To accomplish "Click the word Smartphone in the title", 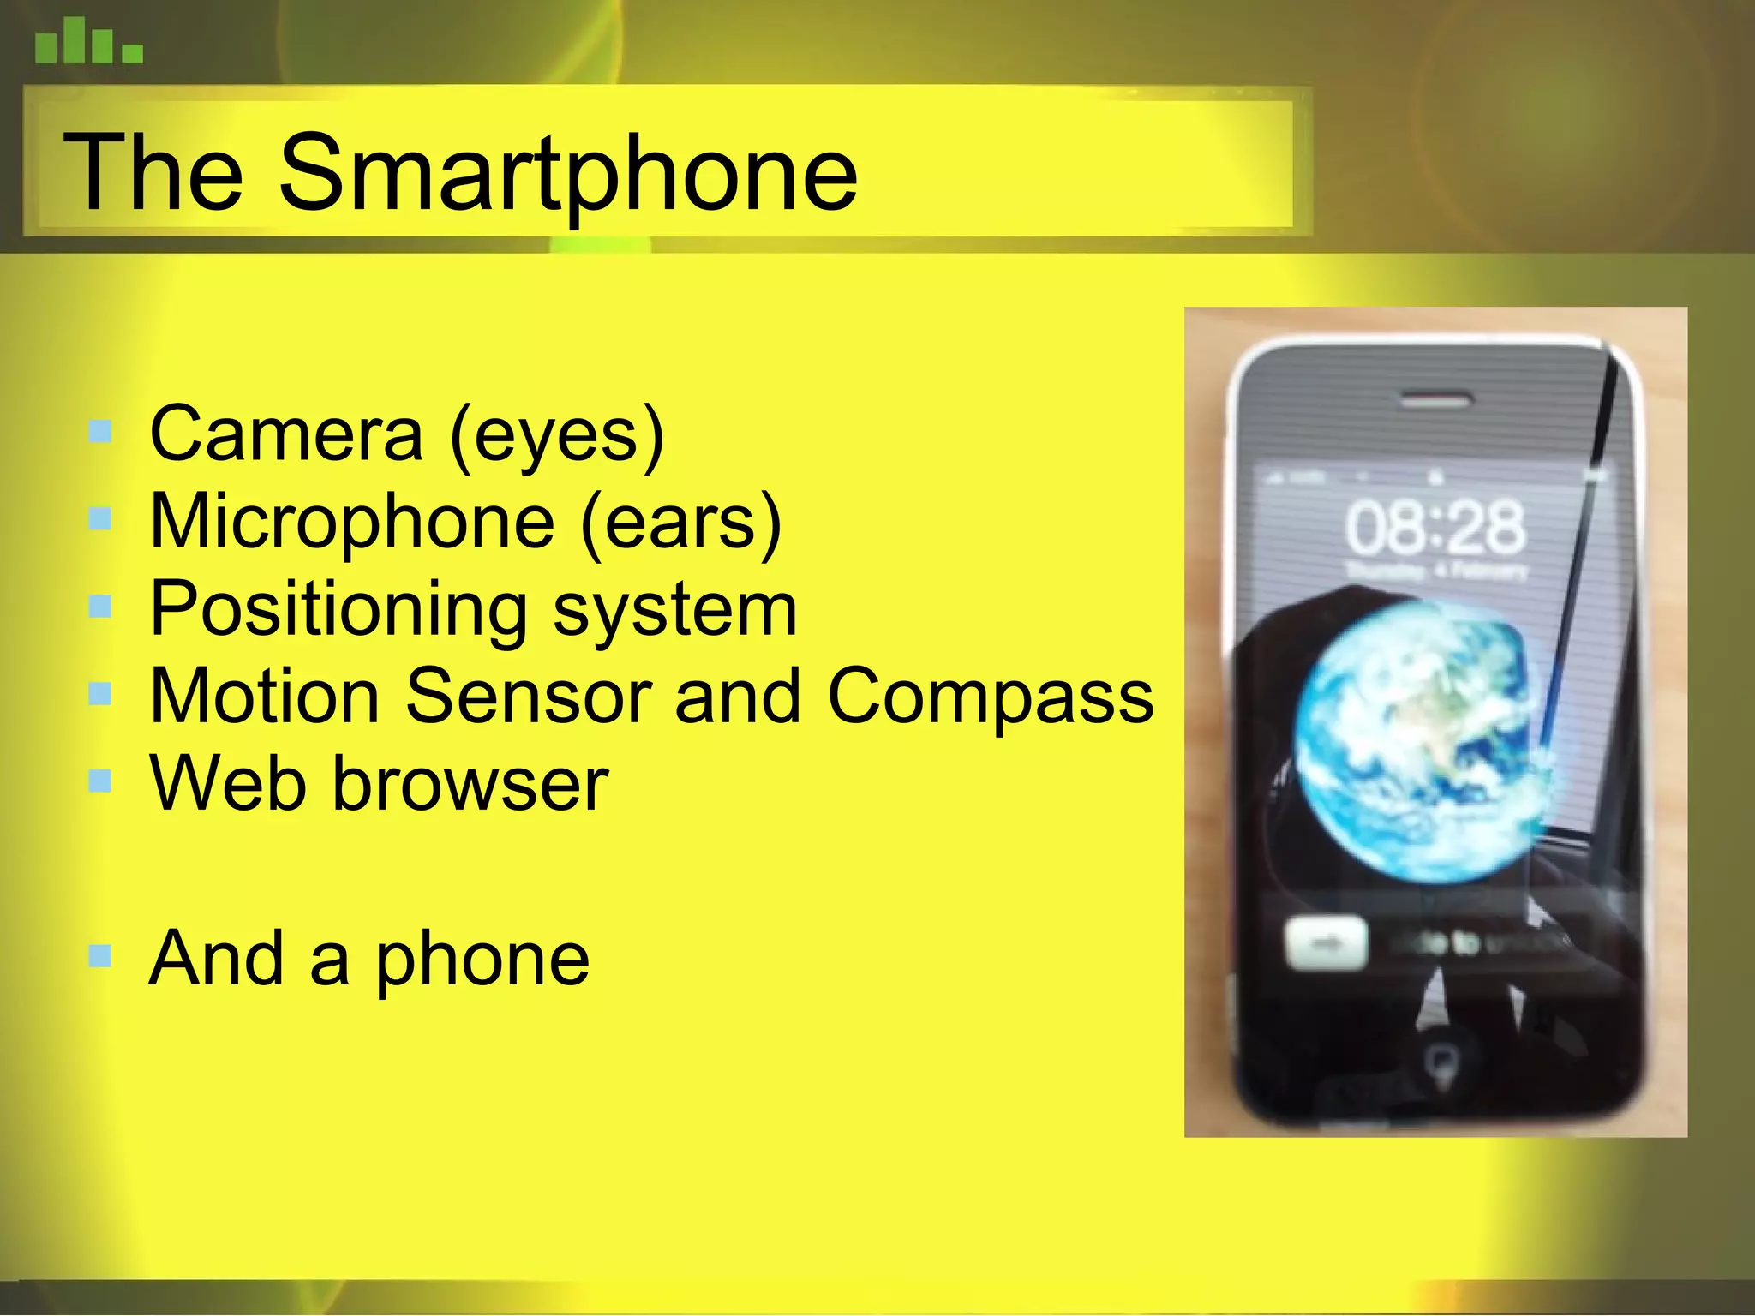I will (x=567, y=174).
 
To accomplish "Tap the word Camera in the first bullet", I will (x=286, y=435).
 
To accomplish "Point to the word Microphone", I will (x=352, y=522).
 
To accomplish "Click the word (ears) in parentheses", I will (x=681, y=523).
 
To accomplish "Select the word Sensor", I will (x=528, y=697).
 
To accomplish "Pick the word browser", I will (x=470, y=784).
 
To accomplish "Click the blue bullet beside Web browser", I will (x=100, y=780).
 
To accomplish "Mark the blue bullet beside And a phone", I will (x=100, y=954).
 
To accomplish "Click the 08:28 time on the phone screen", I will (x=1435, y=527).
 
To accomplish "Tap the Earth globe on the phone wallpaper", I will (x=1423, y=741).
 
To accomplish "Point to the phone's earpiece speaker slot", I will (x=1437, y=399).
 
